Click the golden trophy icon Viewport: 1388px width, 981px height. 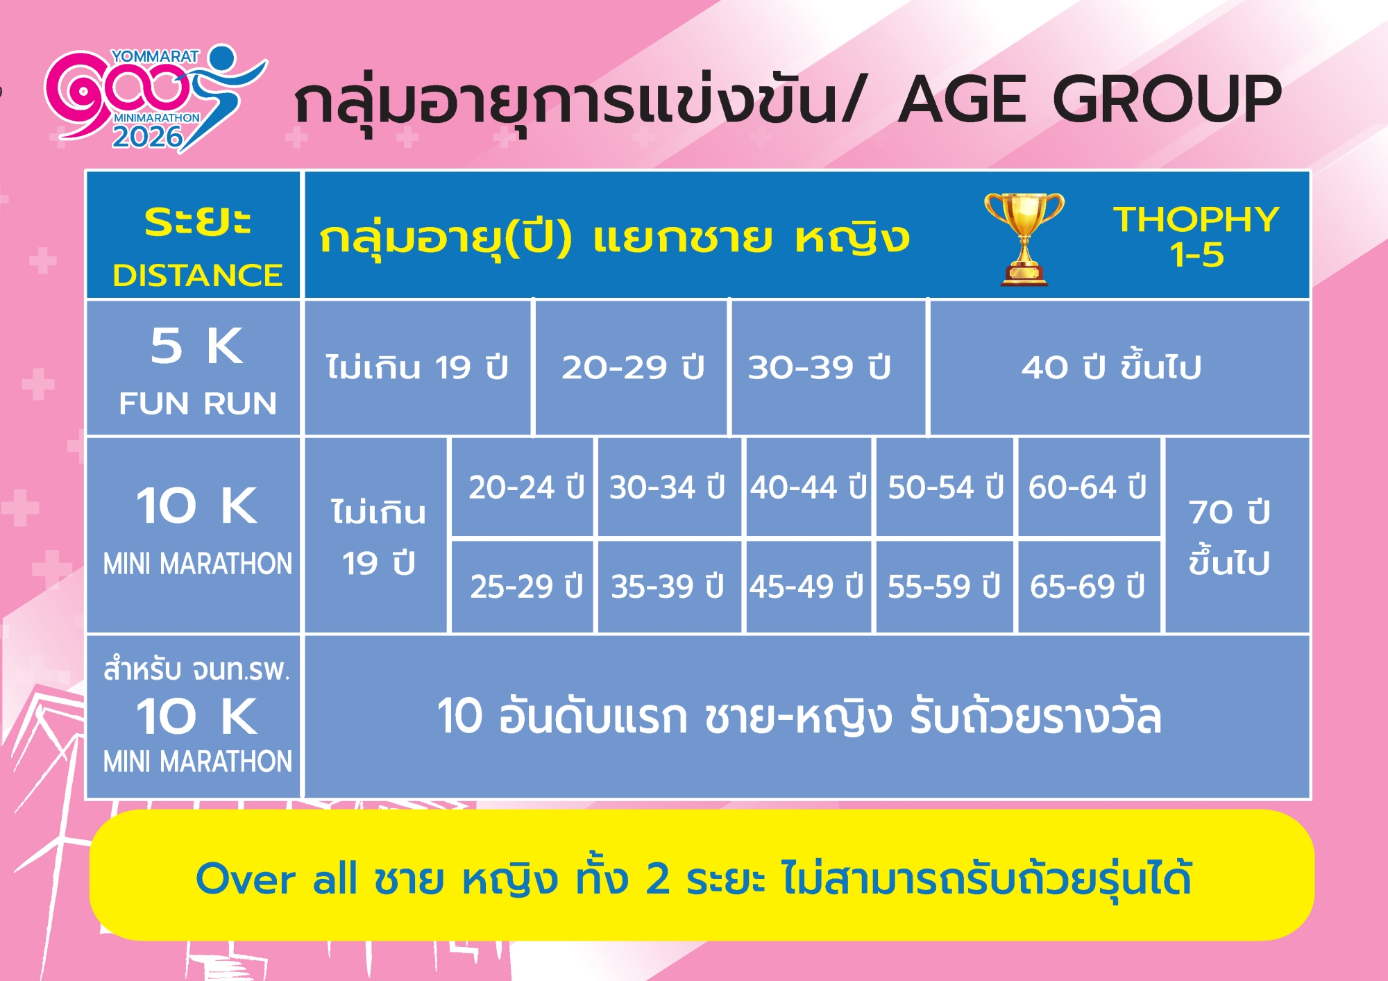pos(1024,239)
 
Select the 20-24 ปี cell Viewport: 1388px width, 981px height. pos(522,487)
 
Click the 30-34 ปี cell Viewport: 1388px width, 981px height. pos(669,487)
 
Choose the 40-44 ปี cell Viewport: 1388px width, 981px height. pos(809,487)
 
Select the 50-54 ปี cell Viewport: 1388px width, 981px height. pos(945,487)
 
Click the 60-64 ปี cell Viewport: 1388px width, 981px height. pos(1090,487)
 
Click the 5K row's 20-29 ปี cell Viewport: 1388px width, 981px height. pos(632,367)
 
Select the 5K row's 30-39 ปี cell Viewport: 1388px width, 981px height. pos(829,367)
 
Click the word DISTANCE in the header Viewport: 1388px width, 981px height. pos(198,276)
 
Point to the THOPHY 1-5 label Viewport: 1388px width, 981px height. pos(1196,237)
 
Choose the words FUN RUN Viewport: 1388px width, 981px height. pos(198,403)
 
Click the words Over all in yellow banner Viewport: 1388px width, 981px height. pos(277,879)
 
